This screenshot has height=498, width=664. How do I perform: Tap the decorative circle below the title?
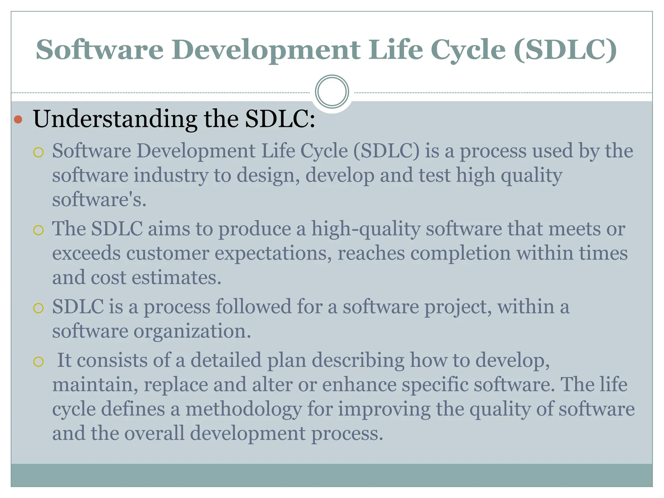(x=332, y=92)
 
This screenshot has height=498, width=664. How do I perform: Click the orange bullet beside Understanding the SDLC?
(x=18, y=120)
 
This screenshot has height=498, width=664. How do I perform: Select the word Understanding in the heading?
(x=115, y=119)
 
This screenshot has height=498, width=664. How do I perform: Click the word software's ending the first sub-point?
(x=99, y=200)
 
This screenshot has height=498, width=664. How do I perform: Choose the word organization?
(x=192, y=331)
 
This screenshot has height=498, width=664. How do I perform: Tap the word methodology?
(x=243, y=409)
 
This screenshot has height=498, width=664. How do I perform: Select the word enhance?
(x=359, y=385)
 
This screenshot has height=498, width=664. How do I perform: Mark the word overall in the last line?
(x=154, y=433)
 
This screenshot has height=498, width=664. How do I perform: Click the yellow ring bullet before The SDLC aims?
(x=38, y=230)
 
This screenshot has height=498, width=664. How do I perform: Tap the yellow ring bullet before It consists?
(x=38, y=362)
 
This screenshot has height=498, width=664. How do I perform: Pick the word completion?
(x=460, y=253)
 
